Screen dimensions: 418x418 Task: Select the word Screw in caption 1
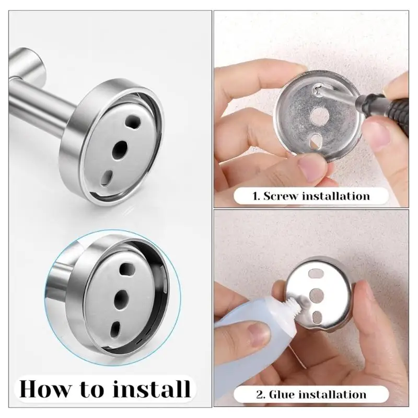[x=285, y=196]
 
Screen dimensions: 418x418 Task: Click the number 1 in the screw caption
[x=256, y=196]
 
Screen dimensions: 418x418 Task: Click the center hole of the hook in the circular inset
[x=122, y=298]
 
